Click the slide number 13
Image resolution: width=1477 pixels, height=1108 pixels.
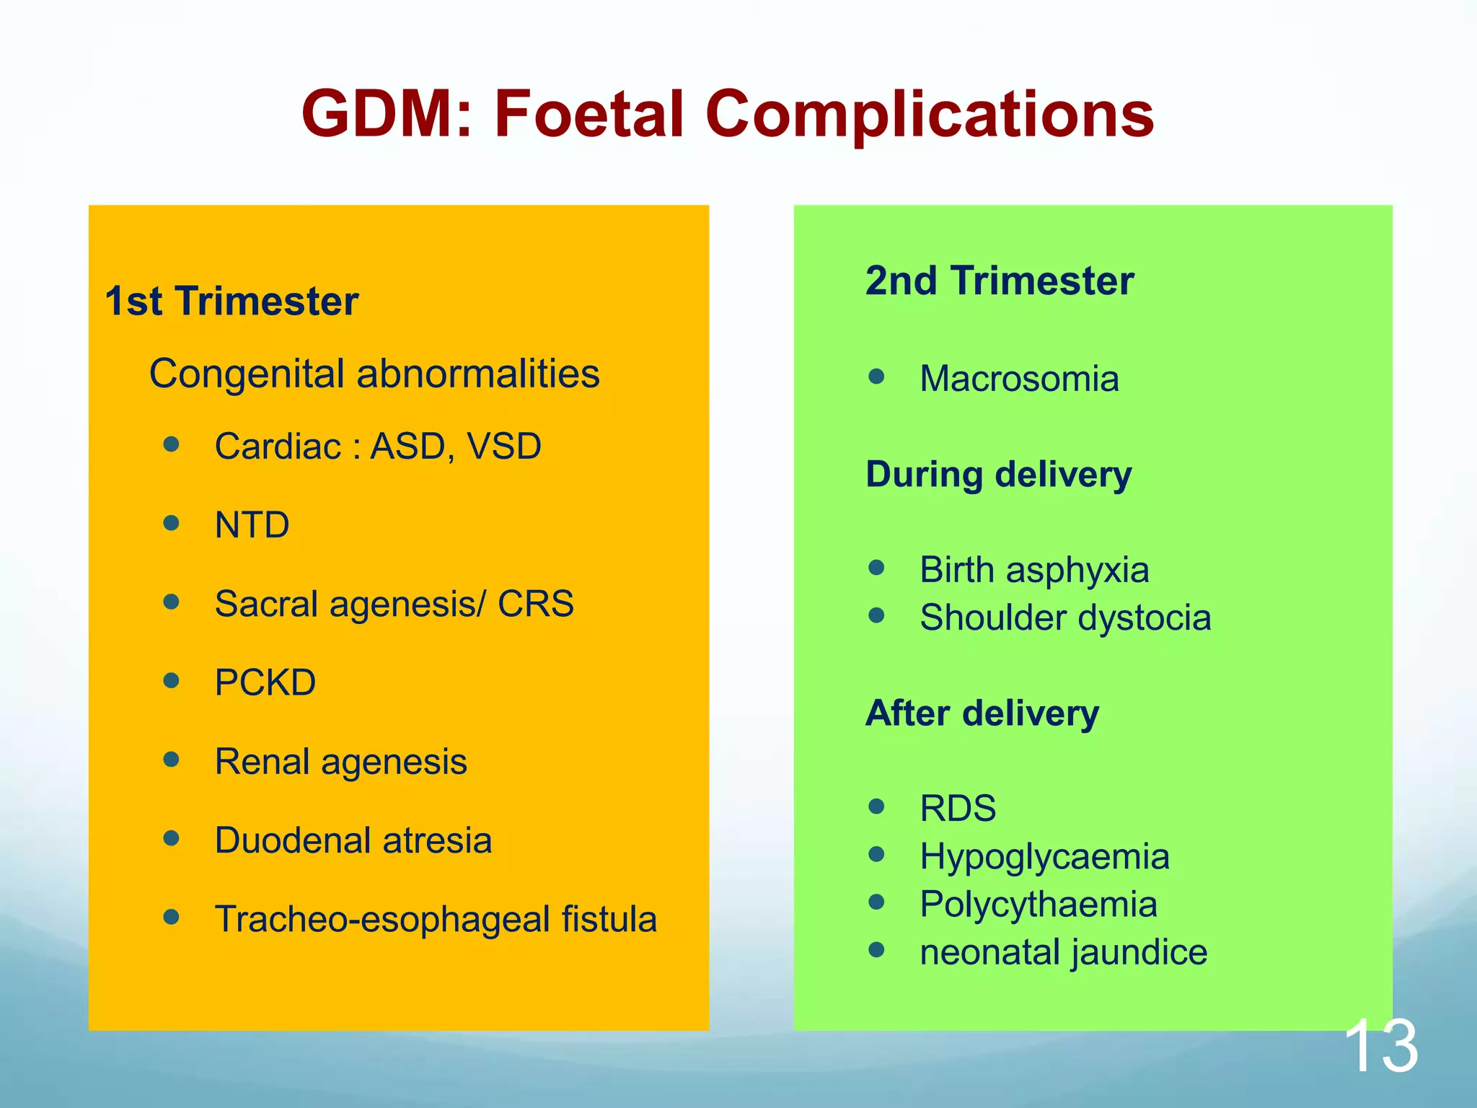coord(1380,1045)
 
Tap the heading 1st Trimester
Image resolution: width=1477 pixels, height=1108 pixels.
coord(232,301)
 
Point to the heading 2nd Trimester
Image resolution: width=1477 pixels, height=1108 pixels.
coord(999,281)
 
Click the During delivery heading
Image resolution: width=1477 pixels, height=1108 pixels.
coord(998,475)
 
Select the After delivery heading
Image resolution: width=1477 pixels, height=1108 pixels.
coord(982,713)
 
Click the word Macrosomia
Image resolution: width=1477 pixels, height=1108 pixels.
coord(1019,379)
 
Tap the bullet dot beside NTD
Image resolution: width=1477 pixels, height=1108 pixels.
coord(171,523)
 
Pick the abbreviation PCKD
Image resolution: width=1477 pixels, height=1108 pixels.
coord(265,682)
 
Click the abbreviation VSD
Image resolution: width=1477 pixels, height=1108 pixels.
coord(504,447)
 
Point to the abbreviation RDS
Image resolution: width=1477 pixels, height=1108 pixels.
coord(958,808)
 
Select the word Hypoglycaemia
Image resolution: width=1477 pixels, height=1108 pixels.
coord(1044,857)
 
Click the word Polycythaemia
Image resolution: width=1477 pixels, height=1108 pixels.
coord(1038,905)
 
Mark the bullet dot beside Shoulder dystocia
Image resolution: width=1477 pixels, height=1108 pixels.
coord(876,616)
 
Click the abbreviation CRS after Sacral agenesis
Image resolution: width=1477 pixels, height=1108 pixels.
coord(535,604)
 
